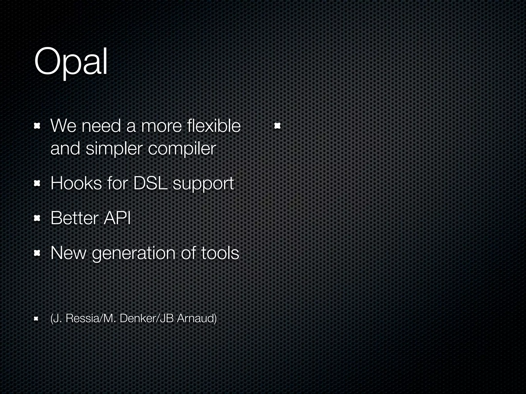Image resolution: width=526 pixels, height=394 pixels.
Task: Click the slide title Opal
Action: (71, 62)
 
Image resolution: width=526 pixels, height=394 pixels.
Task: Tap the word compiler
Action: (182, 149)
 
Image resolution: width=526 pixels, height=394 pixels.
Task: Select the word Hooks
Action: (76, 183)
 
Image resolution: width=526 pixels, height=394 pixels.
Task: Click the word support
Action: (203, 184)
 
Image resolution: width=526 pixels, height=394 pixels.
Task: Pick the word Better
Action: (74, 218)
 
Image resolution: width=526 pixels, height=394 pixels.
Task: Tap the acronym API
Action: (117, 218)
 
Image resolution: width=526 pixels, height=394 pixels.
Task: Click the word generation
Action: (134, 253)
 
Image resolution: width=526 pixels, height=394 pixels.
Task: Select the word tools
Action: (220, 253)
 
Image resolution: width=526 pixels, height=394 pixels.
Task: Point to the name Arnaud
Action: (197, 318)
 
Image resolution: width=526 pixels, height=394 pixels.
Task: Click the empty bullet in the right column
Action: (277, 126)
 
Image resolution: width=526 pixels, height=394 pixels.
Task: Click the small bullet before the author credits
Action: (36, 319)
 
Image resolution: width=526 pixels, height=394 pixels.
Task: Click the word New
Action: (68, 253)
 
